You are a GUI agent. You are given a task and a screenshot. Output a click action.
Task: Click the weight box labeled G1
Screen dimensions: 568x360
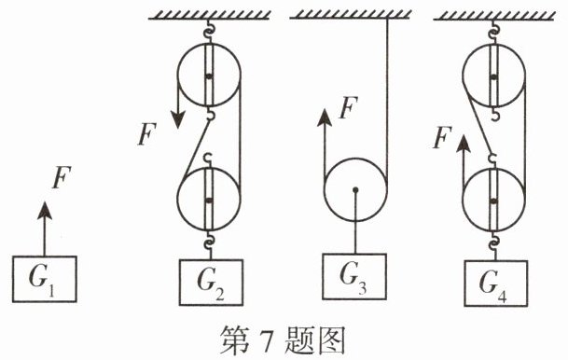[x=45, y=279]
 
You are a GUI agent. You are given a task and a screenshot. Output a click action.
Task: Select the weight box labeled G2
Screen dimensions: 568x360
[x=211, y=283]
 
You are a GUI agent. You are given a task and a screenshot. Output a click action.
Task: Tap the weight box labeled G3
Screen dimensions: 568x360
[x=354, y=277]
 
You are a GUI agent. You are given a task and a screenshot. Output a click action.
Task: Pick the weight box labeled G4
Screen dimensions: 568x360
[x=496, y=284]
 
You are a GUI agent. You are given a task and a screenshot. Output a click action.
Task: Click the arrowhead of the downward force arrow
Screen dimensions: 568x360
[x=178, y=119]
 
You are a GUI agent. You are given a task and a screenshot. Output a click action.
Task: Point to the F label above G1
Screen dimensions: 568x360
[x=62, y=177]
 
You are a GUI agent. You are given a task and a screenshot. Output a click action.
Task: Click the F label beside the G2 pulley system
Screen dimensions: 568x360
[x=147, y=134]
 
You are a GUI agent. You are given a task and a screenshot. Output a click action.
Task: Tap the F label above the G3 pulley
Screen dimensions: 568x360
[x=349, y=107]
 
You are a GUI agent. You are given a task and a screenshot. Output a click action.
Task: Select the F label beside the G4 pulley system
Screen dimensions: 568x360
[x=443, y=137]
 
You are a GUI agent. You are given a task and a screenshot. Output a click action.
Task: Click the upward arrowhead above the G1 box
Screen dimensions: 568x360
[x=45, y=211]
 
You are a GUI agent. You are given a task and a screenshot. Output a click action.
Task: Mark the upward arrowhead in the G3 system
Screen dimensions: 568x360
[x=325, y=118]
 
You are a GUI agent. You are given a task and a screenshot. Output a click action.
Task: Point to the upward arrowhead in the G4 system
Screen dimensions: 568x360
[x=464, y=144]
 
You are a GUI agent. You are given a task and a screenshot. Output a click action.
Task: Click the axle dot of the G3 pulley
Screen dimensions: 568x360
[x=355, y=189]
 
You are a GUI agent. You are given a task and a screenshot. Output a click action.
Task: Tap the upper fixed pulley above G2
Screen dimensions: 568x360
[x=209, y=75]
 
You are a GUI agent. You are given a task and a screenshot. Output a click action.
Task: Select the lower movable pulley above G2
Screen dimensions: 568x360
[x=209, y=200]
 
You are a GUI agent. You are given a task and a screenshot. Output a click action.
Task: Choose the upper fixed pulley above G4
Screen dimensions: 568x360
[x=493, y=75]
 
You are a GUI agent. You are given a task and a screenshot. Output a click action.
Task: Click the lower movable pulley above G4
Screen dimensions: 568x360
[x=493, y=200]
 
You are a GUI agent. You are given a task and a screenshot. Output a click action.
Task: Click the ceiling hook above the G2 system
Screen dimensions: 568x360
[x=209, y=31]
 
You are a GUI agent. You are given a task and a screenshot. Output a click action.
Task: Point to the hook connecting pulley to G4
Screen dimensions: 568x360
[x=493, y=242]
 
